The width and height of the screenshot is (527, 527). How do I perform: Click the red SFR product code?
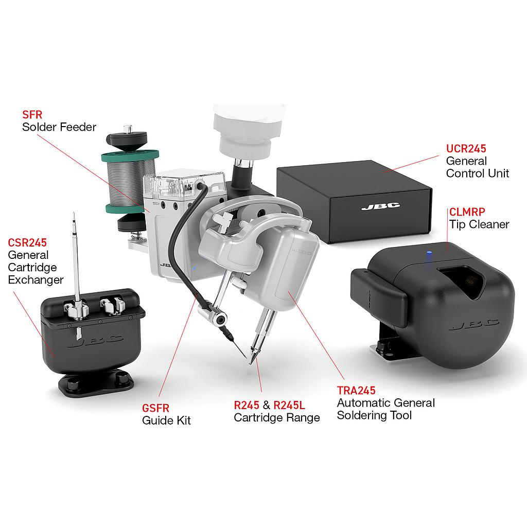[x=32, y=115]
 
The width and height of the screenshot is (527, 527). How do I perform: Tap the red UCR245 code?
[x=466, y=149]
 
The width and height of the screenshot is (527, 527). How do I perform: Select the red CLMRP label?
[x=467, y=212]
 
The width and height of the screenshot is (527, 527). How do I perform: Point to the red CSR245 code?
[x=27, y=243]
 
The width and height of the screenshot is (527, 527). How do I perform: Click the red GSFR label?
[x=155, y=408]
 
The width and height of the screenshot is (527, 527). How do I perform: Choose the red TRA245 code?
[x=356, y=391]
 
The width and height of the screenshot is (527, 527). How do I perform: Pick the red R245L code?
[x=289, y=406]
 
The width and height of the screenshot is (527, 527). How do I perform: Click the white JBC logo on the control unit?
[x=380, y=206]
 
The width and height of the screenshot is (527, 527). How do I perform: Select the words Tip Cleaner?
[x=479, y=224]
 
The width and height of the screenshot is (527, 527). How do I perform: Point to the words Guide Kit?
[x=166, y=420]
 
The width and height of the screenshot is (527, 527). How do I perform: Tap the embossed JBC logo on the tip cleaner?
[x=475, y=324]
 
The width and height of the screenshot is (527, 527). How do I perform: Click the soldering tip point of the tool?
[x=251, y=363]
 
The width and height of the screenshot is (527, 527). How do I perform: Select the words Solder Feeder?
[x=59, y=127]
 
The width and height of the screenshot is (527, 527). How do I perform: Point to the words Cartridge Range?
[x=276, y=418]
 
